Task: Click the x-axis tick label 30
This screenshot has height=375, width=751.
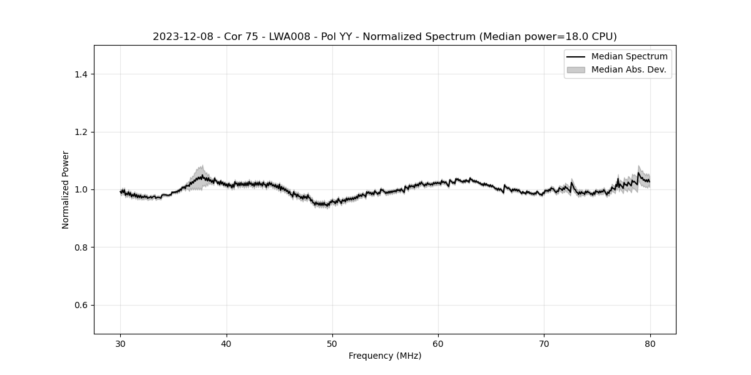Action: pos(121,344)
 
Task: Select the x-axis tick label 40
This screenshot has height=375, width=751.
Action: pos(227,344)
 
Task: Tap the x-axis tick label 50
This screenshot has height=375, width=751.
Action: pos(332,344)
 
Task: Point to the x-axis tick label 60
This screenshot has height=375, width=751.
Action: pos(438,344)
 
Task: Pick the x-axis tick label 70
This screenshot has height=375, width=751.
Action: pos(544,344)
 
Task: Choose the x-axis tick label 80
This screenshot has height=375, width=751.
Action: pos(650,344)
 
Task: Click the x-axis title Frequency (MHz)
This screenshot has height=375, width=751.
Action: pos(385,356)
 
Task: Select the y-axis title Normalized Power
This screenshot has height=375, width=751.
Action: pos(66,189)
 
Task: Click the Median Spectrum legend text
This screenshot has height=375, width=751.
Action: pos(629,57)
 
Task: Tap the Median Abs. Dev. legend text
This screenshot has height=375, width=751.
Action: pos(628,69)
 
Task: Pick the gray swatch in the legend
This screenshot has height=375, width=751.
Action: pos(576,69)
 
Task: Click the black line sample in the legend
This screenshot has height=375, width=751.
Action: pos(576,57)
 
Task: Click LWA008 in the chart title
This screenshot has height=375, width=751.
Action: pos(290,37)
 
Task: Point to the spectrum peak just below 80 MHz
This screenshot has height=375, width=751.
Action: pos(639,173)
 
